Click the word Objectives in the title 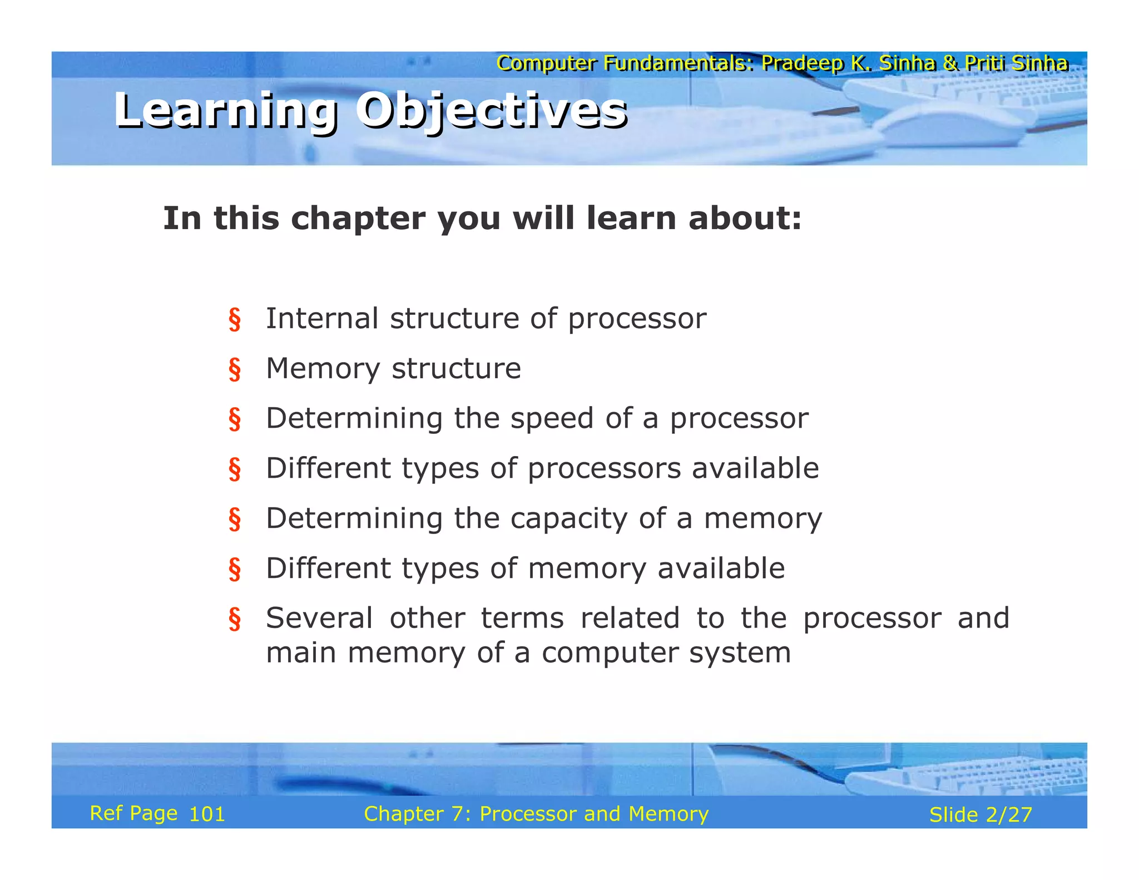[x=492, y=111]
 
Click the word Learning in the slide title [x=226, y=111]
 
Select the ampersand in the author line [x=950, y=63]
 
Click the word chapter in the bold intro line [x=358, y=218]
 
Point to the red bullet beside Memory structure [x=235, y=369]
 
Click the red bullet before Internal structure [x=235, y=319]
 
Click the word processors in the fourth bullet [x=604, y=468]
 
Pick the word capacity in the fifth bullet [x=569, y=519]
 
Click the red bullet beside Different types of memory [x=235, y=569]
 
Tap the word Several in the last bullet [x=319, y=618]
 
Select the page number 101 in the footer [x=207, y=814]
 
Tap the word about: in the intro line [x=745, y=218]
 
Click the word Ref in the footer [x=106, y=813]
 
